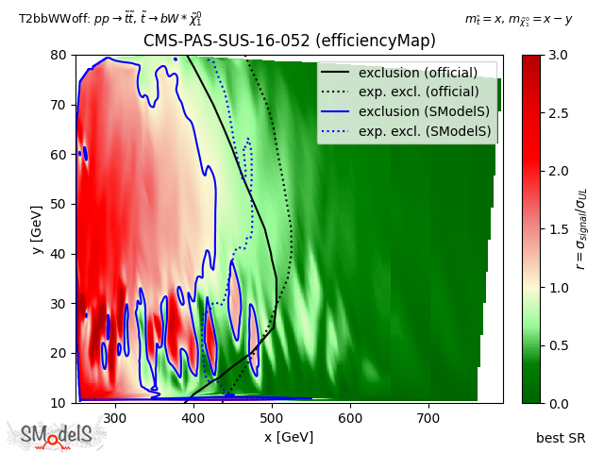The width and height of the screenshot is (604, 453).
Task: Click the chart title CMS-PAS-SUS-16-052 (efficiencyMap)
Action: click(289, 41)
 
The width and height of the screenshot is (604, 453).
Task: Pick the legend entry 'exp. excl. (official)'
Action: click(418, 92)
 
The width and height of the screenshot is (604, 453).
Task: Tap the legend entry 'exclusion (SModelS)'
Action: click(418, 111)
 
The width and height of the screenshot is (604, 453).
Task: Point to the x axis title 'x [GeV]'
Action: click(289, 437)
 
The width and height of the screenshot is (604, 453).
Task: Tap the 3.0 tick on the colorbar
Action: click(557, 55)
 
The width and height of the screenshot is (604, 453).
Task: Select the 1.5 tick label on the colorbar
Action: click(557, 229)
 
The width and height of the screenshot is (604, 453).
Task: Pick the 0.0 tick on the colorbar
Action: click(557, 403)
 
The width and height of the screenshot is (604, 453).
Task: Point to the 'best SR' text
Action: click(561, 438)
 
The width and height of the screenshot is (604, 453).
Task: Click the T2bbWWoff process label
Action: click(109, 18)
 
